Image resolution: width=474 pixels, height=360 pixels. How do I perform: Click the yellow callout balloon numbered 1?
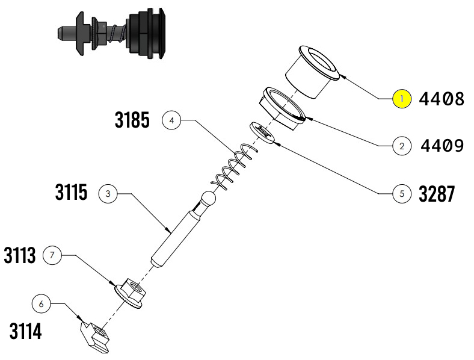click(x=402, y=98)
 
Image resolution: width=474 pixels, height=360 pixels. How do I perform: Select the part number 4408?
click(x=442, y=99)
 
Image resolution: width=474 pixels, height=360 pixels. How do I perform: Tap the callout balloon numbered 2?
click(x=401, y=145)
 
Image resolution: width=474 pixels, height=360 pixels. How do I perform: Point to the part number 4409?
click(x=442, y=146)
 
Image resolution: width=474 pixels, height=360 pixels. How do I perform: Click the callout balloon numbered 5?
click(x=401, y=194)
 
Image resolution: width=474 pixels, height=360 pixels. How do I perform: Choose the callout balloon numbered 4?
click(x=171, y=120)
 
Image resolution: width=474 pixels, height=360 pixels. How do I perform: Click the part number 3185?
click(x=132, y=120)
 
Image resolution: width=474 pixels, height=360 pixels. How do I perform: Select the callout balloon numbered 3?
click(x=108, y=194)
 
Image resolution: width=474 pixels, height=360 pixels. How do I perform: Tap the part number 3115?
click(x=71, y=193)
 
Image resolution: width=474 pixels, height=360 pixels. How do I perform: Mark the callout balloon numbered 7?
click(x=52, y=256)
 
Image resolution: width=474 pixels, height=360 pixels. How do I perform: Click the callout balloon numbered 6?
click(x=41, y=304)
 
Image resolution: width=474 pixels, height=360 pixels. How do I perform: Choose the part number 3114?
click(x=25, y=331)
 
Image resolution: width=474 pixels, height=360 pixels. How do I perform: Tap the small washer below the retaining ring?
click(x=263, y=132)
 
